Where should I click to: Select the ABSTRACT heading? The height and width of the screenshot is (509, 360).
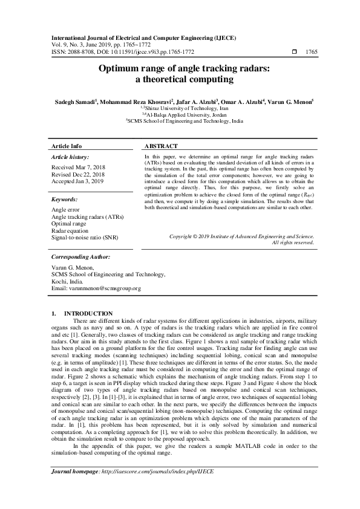coord(161,146)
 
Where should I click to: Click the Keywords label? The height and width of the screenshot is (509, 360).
coord(65,199)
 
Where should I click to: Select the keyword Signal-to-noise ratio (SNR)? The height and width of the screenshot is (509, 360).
coord(85,238)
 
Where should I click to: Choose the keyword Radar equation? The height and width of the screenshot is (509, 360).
coord(70,230)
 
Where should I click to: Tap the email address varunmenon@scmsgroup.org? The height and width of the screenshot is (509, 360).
coord(96,288)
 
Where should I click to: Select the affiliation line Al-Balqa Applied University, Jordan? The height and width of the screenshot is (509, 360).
coord(182,115)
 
